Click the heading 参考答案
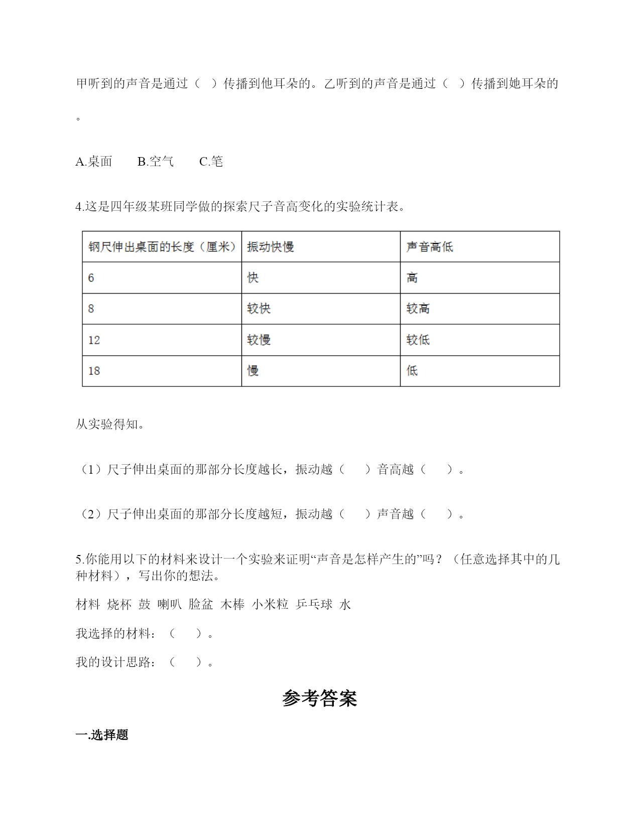pos(320,698)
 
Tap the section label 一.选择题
pos(102,735)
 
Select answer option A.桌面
pos(94,162)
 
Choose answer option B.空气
pos(156,162)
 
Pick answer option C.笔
pos(211,162)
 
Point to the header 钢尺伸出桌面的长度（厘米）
pos(162,247)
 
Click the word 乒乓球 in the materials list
pos(314,605)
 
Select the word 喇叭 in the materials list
pos(169,605)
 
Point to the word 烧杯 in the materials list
pos(119,605)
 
